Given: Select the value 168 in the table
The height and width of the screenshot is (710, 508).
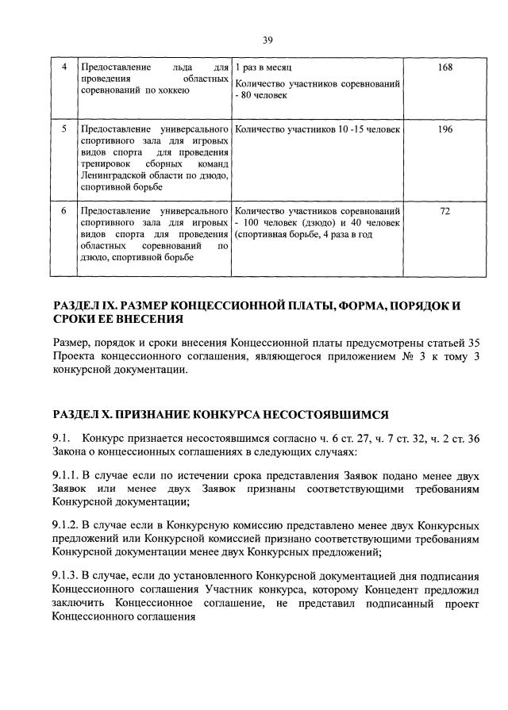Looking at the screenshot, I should [444, 67].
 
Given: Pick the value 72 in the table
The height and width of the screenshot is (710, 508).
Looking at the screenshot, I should [444, 212].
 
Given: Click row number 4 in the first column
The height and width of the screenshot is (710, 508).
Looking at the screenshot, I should [64, 67].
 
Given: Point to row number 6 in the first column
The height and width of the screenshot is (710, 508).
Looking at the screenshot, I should [64, 212].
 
